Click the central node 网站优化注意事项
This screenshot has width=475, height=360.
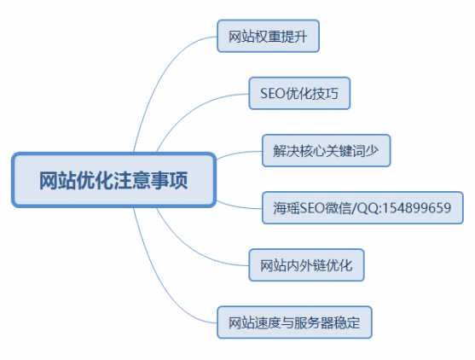tap(114, 180)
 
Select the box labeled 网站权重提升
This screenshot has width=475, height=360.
tap(268, 36)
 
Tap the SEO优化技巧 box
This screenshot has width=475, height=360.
tap(299, 93)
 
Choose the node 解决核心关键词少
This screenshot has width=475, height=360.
tap(327, 151)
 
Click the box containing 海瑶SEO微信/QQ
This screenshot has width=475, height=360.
tap(362, 208)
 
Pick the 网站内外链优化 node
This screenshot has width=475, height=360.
tap(306, 265)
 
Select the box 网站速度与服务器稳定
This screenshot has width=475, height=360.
tap(294, 322)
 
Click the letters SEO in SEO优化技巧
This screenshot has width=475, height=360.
tap(273, 93)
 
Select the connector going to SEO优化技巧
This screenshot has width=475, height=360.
tap(194, 108)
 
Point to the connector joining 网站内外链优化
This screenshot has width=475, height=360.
tap(194, 250)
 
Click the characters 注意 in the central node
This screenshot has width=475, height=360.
tap(123, 180)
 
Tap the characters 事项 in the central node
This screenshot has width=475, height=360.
tap(169, 180)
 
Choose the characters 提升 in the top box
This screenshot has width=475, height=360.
tap(294, 37)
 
